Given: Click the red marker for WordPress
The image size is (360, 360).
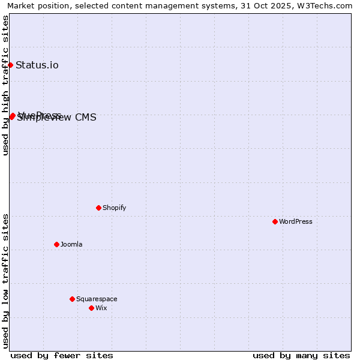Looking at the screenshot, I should (275, 221).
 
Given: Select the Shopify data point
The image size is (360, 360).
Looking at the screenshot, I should (98, 208).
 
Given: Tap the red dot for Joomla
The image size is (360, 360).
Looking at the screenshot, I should (56, 244).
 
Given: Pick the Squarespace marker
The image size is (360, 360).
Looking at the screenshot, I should (72, 299).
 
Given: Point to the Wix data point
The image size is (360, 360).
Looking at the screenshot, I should (91, 308).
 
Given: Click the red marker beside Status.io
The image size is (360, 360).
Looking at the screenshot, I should (10, 65).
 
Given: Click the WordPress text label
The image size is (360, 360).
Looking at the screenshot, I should (296, 221).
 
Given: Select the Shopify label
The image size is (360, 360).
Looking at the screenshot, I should (114, 208).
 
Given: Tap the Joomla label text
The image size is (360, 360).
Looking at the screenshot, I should (71, 244).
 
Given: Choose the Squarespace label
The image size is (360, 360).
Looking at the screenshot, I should (97, 299).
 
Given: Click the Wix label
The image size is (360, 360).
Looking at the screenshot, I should (101, 308).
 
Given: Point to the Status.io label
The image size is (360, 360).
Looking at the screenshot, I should (37, 65).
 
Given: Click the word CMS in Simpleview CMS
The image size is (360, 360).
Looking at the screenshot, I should (86, 118).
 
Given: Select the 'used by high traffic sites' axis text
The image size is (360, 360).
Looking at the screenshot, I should (5, 85).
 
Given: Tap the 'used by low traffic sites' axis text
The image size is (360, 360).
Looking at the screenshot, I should (5, 281).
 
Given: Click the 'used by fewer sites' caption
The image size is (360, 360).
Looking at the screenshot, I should (62, 355).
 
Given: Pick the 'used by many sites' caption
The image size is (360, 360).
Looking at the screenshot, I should (301, 355).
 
